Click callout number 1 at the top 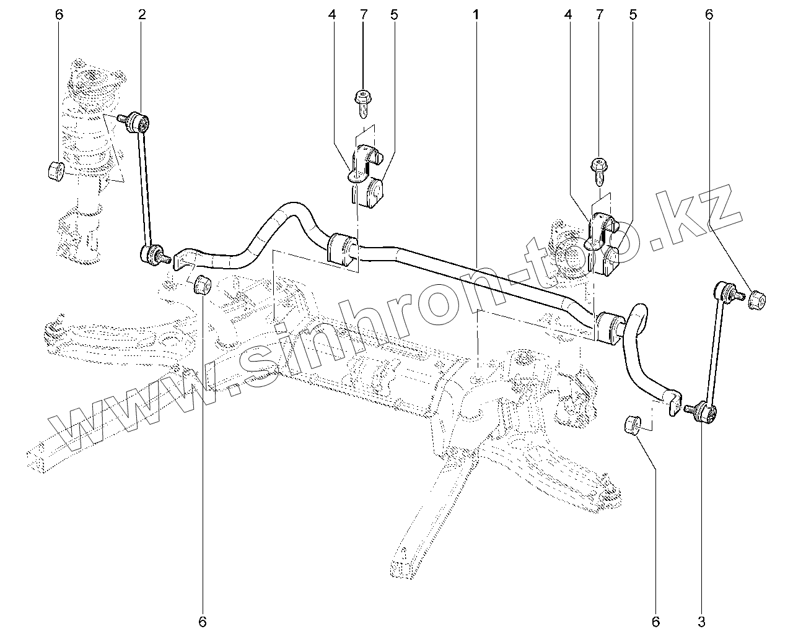(476, 14)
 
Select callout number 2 (142, 14)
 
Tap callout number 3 (701, 620)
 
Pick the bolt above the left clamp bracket (362, 102)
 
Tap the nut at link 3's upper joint (757, 300)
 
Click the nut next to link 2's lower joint (203, 285)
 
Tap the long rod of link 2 (145, 186)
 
